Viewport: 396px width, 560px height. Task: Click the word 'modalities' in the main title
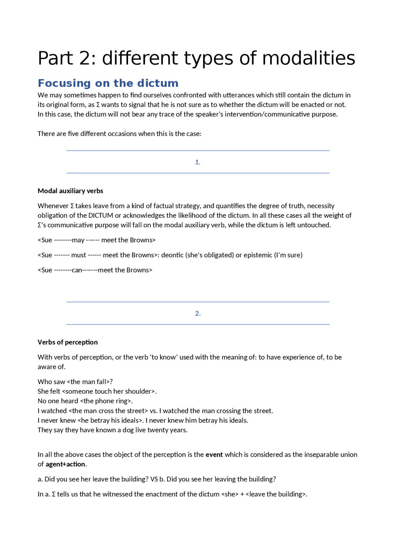click(308, 58)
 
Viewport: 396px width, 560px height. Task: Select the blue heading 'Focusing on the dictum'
click(108, 83)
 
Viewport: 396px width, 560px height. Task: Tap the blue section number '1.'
click(198, 162)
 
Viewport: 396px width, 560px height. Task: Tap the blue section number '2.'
click(198, 314)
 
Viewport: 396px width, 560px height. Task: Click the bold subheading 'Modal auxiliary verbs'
click(70, 191)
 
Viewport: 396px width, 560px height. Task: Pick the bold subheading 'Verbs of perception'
click(67, 342)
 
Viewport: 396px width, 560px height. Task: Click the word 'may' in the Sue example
click(78, 240)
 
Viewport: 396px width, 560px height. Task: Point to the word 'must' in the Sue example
click(79, 255)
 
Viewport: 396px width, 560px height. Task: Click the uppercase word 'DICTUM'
click(101, 216)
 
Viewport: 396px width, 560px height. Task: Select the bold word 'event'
click(214, 455)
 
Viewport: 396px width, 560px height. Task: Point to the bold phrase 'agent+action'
click(65, 464)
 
